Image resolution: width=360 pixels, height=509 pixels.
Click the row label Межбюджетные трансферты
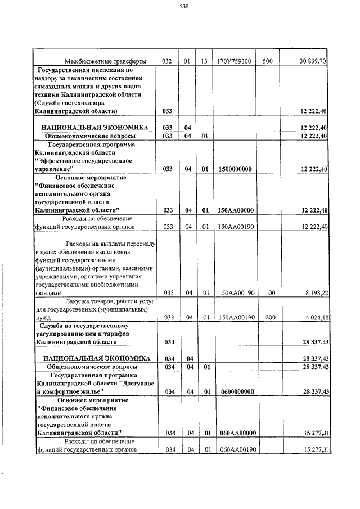tap(106, 61)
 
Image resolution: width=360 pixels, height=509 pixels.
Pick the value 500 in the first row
tap(267, 61)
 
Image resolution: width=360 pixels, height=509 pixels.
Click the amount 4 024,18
tap(315, 317)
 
